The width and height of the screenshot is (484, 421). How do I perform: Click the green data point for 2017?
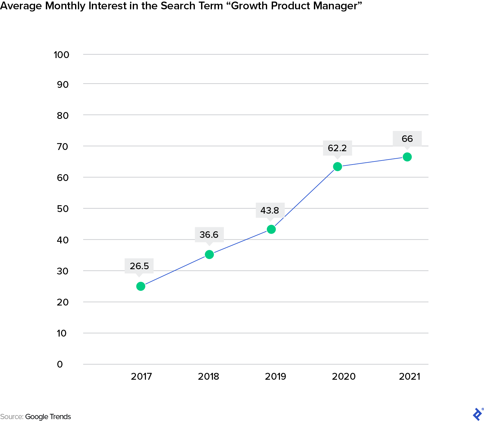[x=141, y=286]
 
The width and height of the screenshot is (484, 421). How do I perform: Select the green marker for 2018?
[x=209, y=255]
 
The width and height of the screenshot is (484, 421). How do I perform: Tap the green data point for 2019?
[x=271, y=229]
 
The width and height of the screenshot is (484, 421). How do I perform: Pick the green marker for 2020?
[x=338, y=167]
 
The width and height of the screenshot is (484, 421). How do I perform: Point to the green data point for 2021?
[x=407, y=157]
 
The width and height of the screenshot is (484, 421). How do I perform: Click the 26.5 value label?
[x=139, y=266]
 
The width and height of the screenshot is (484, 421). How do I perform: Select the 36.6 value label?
[x=209, y=235]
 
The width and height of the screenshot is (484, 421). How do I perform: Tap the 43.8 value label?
[x=270, y=210]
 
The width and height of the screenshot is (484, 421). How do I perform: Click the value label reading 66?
[x=407, y=138]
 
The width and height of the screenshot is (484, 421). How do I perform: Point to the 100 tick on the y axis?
[x=61, y=55]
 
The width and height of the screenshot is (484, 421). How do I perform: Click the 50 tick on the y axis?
[x=63, y=209]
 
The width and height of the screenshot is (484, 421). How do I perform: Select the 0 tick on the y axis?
[x=60, y=364]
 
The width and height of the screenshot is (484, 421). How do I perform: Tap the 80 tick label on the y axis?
[x=63, y=115]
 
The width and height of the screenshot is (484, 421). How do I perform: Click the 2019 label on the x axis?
[x=276, y=377]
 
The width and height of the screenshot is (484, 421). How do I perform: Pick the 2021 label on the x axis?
[x=410, y=377]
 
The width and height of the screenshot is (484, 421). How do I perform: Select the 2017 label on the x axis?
[x=141, y=377]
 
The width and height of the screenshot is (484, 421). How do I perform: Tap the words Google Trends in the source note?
[x=48, y=417]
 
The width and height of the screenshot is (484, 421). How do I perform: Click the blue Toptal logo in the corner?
[x=477, y=414]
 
